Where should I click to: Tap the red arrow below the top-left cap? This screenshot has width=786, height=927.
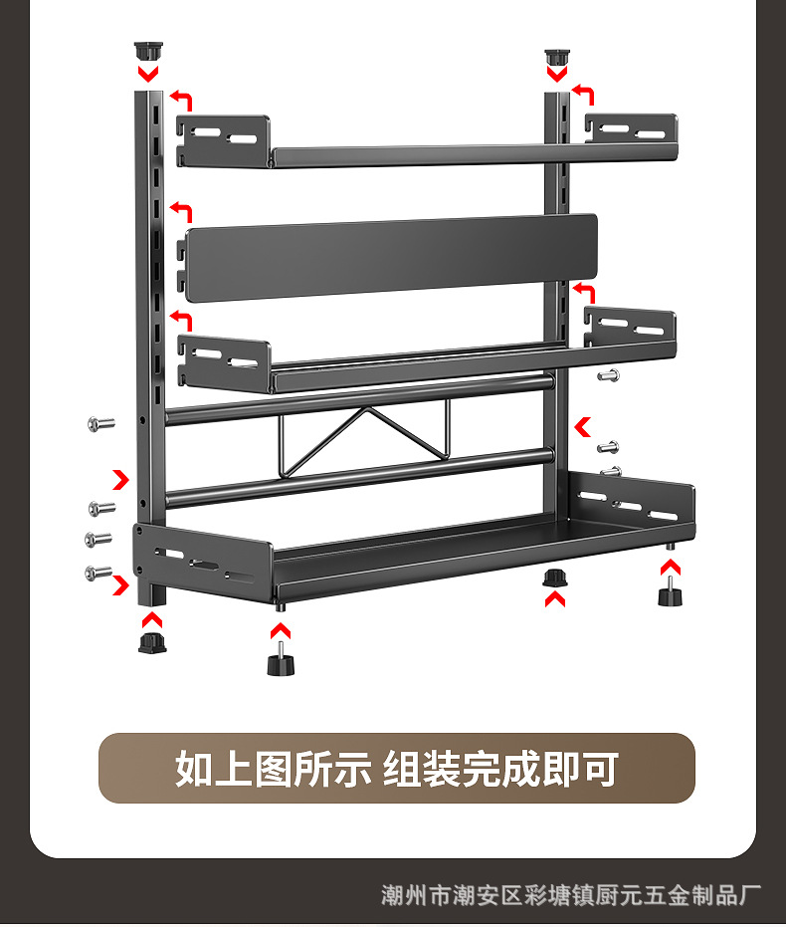click(x=147, y=74)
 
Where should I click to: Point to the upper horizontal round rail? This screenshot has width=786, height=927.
click(x=358, y=398)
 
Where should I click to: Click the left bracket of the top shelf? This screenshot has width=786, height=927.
click(x=224, y=138)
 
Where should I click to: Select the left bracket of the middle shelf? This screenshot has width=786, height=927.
click(x=225, y=360)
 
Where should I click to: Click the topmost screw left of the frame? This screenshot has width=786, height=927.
click(x=100, y=423)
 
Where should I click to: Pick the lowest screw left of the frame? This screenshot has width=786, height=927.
click(x=98, y=573)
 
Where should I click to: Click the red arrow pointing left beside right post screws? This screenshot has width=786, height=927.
click(x=583, y=426)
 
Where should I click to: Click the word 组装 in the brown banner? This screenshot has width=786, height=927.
click(x=422, y=769)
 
